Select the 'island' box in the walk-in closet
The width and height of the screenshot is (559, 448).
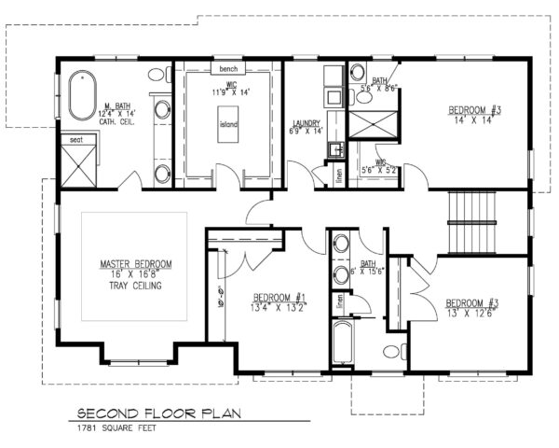[228, 132]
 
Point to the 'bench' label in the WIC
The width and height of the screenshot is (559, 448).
[228, 69]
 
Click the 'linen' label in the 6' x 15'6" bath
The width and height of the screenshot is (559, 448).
[341, 301]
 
